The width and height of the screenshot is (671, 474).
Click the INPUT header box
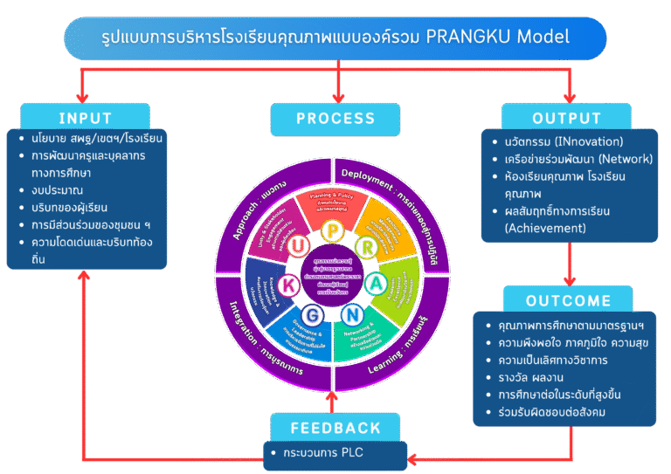click(x=85, y=118)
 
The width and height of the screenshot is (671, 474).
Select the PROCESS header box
click(x=335, y=118)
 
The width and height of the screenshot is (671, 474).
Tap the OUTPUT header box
click(x=566, y=118)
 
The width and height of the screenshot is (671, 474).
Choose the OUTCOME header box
click(x=568, y=300)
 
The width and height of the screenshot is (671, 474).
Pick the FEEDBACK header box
click(x=336, y=428)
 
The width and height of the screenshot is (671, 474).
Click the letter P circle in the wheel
click(x=334, y=231)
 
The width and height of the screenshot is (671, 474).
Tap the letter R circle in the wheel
click(x=369, y=247)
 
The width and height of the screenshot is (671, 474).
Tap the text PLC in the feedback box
click(x=351, y=454)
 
